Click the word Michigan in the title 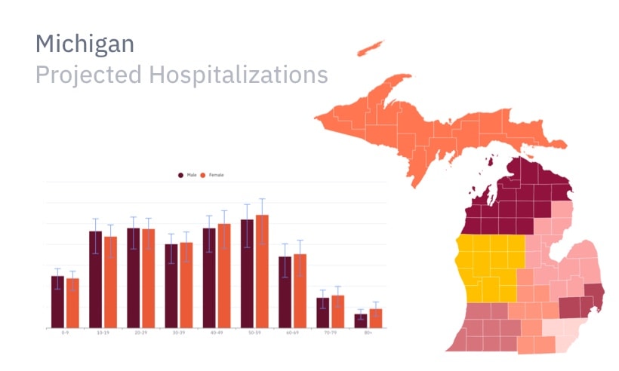pyautogui.click(x=85, y=44)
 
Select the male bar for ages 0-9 pyautogui.click(x=57, y=302)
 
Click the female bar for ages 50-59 pyautogui.click(x=262, y=271)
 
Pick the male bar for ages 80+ pyautogui.click(x=361, y=320)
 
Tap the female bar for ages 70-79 pyautogui.click(x=337, y=311)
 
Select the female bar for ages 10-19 pyautogui.click(x=110, y=282)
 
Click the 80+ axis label pyautogui.click(x=368, y=333)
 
